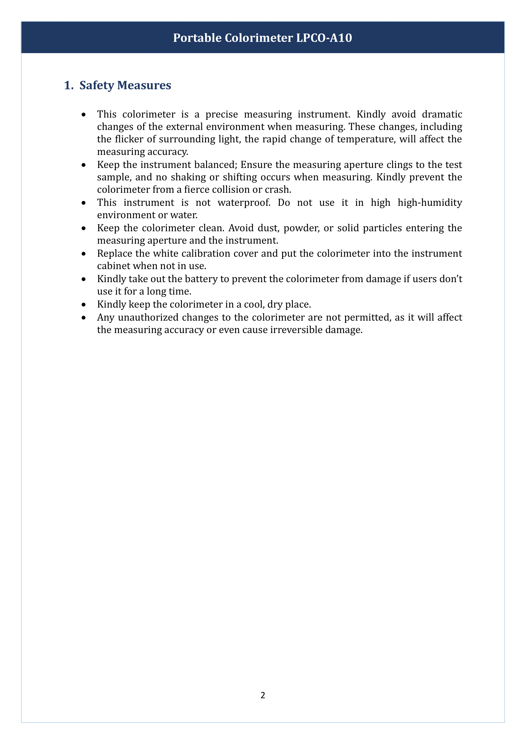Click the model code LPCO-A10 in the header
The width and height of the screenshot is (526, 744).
click(323, 38)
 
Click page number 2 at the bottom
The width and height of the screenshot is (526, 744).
click(263, 695)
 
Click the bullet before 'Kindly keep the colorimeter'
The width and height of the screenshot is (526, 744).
click(84, 305)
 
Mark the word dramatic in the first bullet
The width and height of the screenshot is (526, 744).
click(442, 115)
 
